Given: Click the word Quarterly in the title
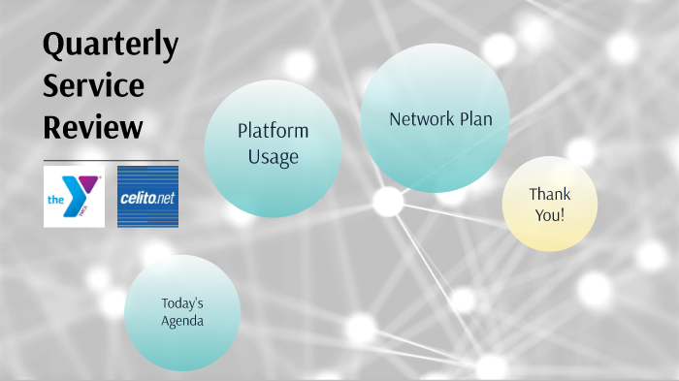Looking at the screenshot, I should coord(111,45).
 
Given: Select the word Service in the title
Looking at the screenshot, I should coord(93,86).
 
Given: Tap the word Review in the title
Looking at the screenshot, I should coord(93,127).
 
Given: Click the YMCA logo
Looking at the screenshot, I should coord(74,196).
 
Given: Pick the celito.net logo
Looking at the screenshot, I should coord(147,197).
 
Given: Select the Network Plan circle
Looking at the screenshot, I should coord(435,118).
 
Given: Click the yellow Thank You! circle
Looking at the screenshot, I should coord(549,205).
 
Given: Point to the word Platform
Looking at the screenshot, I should coord(273,132).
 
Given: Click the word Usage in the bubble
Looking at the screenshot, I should coord(273,156).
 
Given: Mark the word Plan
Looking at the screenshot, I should coord(476,119).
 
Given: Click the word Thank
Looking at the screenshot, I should coord(549,194).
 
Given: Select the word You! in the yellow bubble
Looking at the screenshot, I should coord(549,215).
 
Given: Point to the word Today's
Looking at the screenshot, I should coord(182,302).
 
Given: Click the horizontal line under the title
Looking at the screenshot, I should coord(111,160).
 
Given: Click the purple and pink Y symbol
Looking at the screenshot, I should coord(81,190).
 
